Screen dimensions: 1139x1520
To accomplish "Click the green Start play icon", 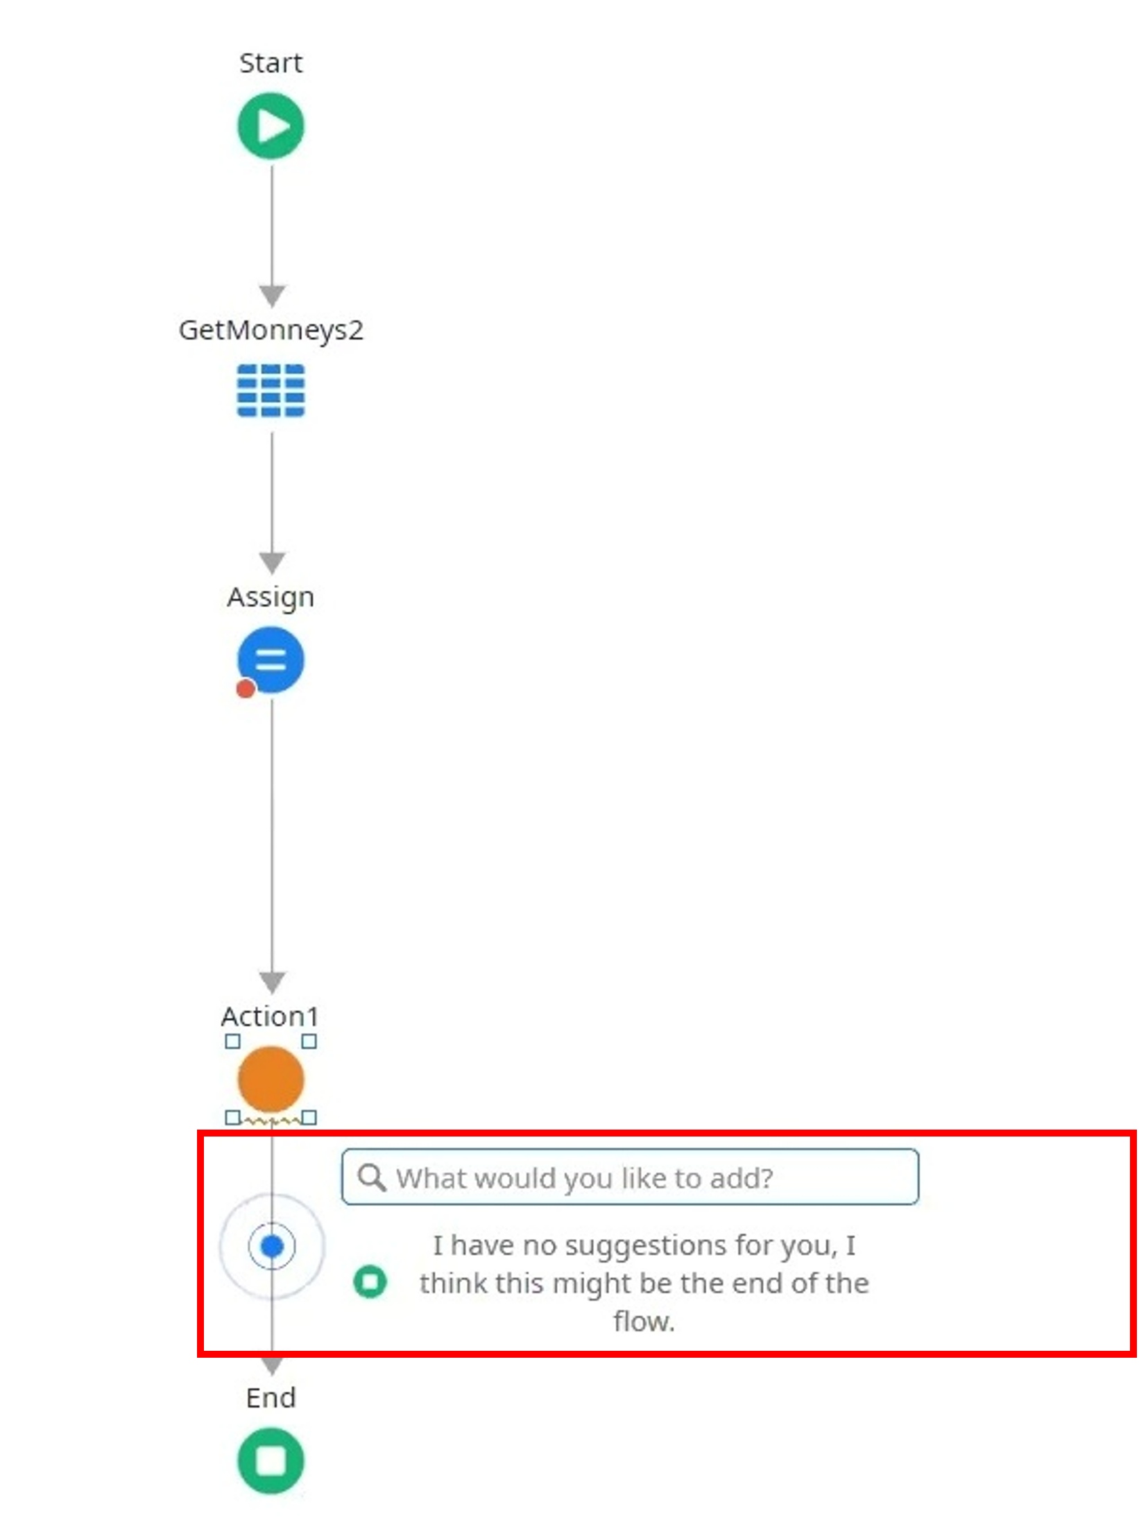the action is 271,126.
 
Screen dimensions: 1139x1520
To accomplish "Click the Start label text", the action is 271,63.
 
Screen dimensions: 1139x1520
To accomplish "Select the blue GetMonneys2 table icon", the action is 271,390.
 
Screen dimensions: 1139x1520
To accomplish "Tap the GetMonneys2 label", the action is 271,331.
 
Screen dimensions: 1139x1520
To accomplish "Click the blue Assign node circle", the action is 271,659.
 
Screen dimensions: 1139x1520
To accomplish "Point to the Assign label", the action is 271,598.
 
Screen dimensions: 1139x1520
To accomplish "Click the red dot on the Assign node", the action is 246,689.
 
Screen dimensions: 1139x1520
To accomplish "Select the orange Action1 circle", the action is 271,1079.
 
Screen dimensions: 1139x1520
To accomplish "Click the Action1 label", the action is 270,1017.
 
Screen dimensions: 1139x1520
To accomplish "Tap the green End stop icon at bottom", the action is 271,1461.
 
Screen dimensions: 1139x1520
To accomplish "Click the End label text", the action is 271,1397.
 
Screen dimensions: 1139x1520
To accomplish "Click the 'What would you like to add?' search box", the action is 630,1177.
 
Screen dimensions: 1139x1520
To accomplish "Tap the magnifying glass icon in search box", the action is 372,1177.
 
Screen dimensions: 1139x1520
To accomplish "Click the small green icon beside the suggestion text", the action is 370,1281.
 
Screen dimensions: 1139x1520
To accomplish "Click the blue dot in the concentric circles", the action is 272,1246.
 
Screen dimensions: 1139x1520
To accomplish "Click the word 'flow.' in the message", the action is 644,1321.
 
